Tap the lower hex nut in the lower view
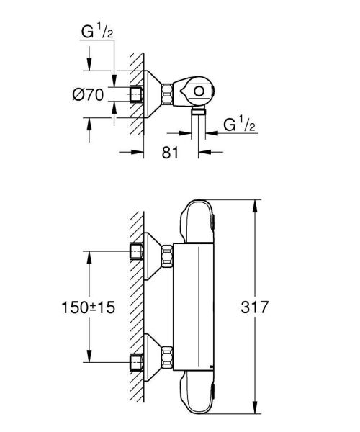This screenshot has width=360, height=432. pyautogui.click(x=168, y=356)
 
